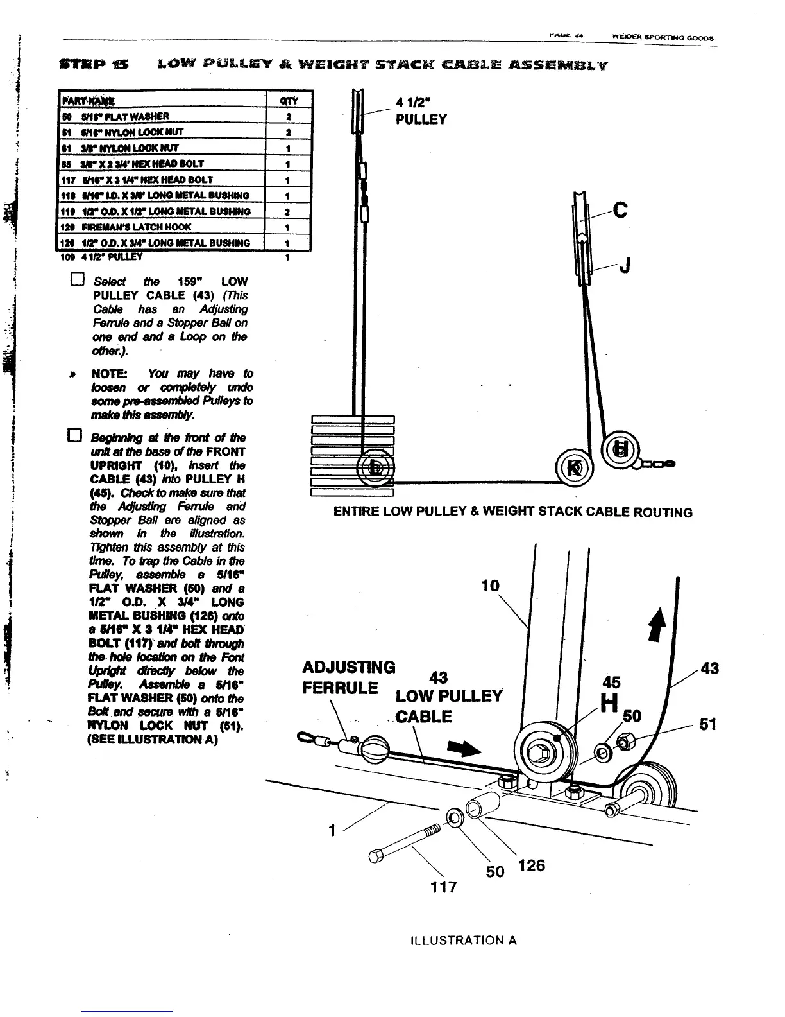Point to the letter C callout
click(620, 211)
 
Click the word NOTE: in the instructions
click(110, 374)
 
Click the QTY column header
click(289, 100)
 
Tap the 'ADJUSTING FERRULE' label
click(348, 677)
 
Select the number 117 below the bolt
click(443, 887)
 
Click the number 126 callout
click(531, 865)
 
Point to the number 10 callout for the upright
click(490, 586)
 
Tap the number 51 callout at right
click(707, 724)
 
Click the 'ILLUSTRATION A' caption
click(463, 941)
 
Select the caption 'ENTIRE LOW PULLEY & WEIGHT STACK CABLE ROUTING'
click(513, 512)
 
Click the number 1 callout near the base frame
click(332, 830)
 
